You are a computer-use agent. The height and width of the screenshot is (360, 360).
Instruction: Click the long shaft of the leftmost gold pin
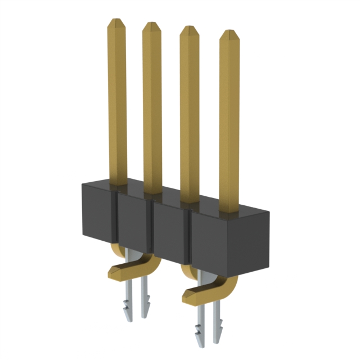click(x=117, y=101)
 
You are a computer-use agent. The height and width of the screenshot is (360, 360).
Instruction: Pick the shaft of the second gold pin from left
click(x=152, y=107)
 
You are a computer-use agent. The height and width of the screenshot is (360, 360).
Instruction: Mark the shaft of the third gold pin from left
click(x=190, y=112)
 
